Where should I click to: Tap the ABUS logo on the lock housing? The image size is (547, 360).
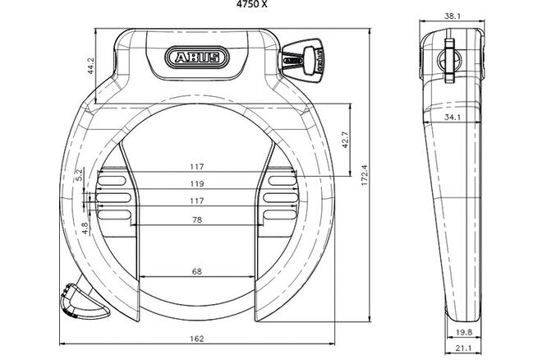pyautogui.click(x=197, y=58)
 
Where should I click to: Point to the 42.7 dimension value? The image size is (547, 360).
pyautogui.click(x=346, y=141)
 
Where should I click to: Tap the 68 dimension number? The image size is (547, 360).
pyautogui.click(x=197, y=271)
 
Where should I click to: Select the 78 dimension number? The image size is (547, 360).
pyautogui.click(x=197, y=219)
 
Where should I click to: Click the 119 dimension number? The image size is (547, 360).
pyautogui.click(x=197, y=184)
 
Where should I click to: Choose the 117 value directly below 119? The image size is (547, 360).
pyautogui.click(x=197, y=201)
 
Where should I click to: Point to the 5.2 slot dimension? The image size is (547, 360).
pyautogui.click(x=79, y=174)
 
